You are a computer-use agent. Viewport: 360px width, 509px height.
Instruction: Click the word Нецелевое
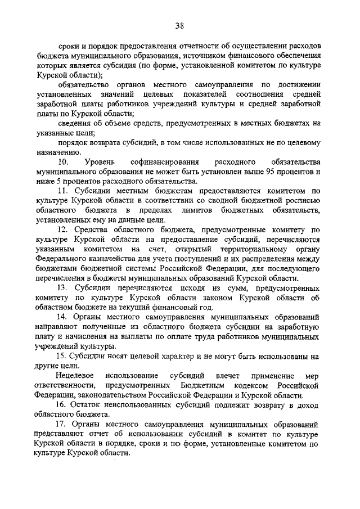(x=74, y=375)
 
